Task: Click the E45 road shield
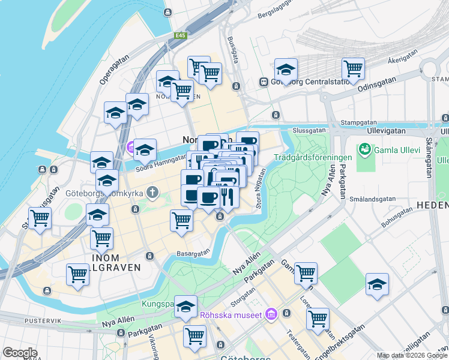(x=181, y=36)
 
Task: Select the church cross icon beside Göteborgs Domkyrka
(x=152, y=193)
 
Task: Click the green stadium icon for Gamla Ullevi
(x=363, y=148)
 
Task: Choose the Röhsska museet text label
(x=235, y=315)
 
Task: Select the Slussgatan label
(x=309, y=130)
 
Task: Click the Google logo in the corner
(x=20, y=353)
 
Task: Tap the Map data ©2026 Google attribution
(x=411, y=355)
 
